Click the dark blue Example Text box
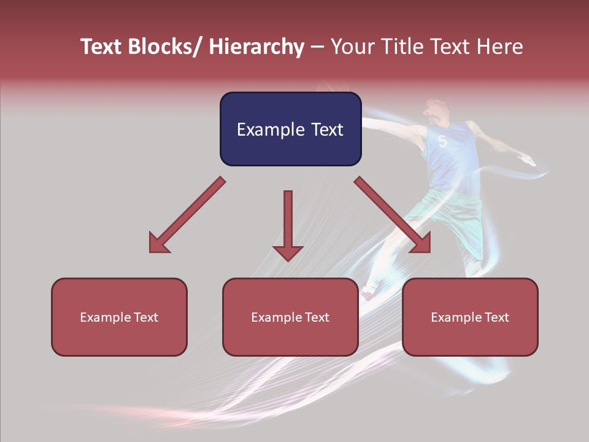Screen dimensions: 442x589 click(290, 129)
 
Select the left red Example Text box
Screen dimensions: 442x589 click(119, 317)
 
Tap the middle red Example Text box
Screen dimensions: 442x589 click(290, 317)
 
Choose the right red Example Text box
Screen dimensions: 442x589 click(470, 317)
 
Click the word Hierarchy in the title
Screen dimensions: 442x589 click(256, 47)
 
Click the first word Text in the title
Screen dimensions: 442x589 click(102, 47)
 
